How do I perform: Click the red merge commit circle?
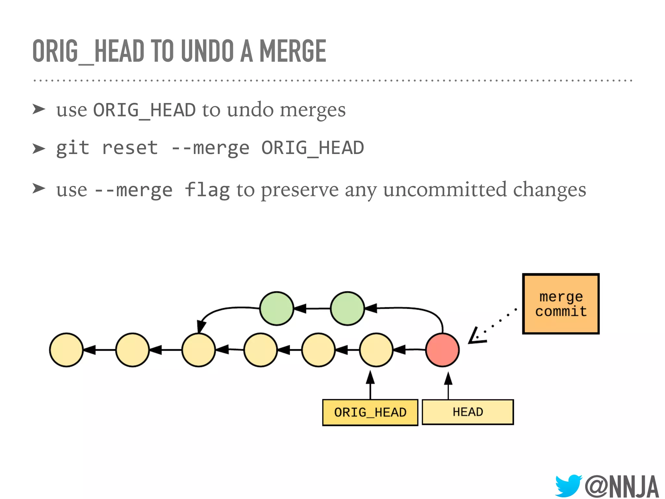[442, 350]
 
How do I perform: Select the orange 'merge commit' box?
[561, 304]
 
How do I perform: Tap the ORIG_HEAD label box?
[370, 412]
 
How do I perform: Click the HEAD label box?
[468, 412]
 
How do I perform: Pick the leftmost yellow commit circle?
[67, 350]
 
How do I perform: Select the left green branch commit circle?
[277, 308]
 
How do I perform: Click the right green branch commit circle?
[347, 308]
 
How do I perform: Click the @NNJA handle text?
[621, 486]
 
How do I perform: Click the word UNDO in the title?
[207, 51]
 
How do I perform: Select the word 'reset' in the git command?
[130, 148]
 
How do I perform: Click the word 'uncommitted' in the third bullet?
[445, 189]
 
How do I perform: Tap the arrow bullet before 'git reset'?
[39, 148]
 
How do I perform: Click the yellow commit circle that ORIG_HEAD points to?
[376, 350]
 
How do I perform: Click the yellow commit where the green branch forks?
[199, 350]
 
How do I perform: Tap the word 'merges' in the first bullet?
[313, 110]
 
